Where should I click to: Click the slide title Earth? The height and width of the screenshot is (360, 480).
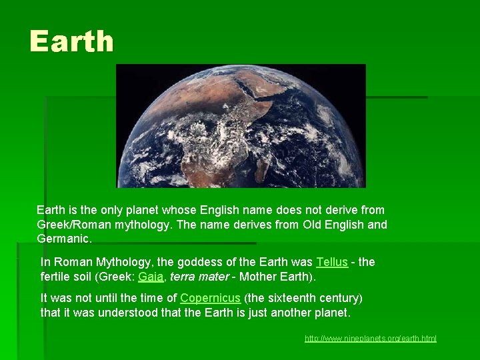[71, 41]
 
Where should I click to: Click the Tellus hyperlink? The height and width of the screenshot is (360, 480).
[331, 262]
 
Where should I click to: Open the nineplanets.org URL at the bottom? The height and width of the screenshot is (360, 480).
[370, 339]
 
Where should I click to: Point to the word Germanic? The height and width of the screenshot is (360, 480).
[63, 239]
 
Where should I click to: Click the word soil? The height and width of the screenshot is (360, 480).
[90, 276]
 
